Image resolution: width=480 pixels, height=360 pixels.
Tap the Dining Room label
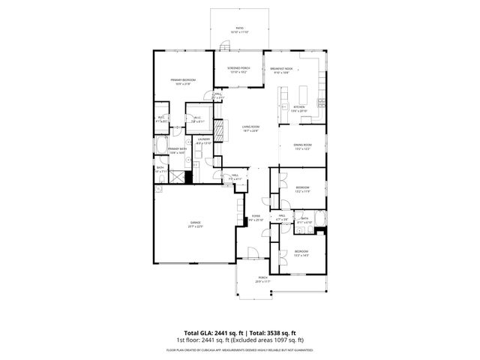tap(301, 146)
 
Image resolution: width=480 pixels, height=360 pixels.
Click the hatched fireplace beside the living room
tap(219, 129)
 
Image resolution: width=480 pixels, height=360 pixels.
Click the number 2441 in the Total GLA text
tap(223, 332)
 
